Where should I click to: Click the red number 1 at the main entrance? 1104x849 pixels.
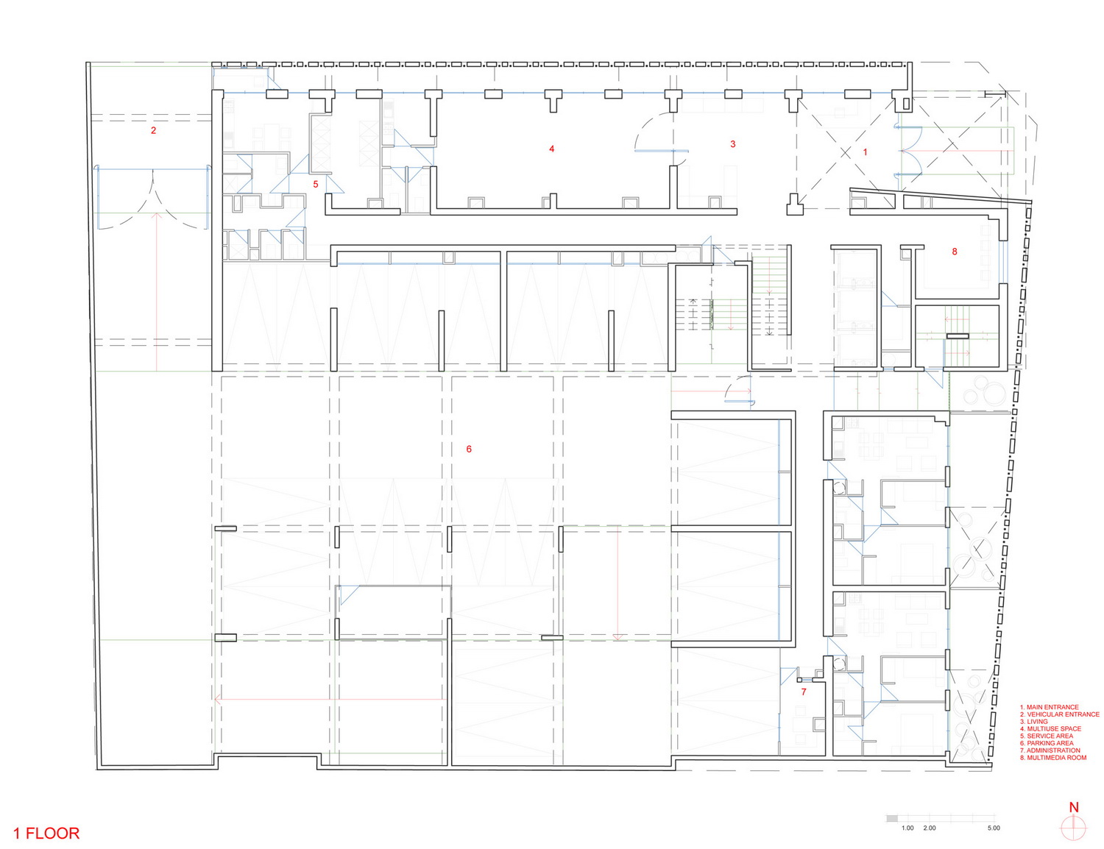coord(866,152)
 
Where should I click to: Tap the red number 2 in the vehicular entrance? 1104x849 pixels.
coord(153,130)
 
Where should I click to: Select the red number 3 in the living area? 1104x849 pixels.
coord(732,144)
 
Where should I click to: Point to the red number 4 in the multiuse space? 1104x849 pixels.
coord(552,149)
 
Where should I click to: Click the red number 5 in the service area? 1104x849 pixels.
coord(316,184)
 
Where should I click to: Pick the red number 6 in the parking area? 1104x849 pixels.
coord(469,449)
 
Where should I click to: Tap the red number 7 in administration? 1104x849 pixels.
coord(804,692)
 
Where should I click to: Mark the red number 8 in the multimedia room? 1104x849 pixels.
coord(955,252)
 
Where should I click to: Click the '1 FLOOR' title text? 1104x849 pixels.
coord(46,834)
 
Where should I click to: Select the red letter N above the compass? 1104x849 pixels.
coord(1074,807)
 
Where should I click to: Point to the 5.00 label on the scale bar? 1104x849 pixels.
coord(994,828)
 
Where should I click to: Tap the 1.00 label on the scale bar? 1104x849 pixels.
coord(908,828)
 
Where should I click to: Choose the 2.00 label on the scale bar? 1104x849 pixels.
coord(930,828)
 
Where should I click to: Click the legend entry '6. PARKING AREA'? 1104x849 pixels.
coord(1047,743)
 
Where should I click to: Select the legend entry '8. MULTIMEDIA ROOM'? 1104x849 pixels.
coord(1053,758)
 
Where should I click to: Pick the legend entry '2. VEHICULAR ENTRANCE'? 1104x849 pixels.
coord(1059,714)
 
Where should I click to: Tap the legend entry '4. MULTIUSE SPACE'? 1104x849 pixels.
coord(1050,728)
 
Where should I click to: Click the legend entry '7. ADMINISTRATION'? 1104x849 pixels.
coord(1050,750)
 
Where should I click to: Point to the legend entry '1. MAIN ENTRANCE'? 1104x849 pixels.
coord(1049,707)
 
